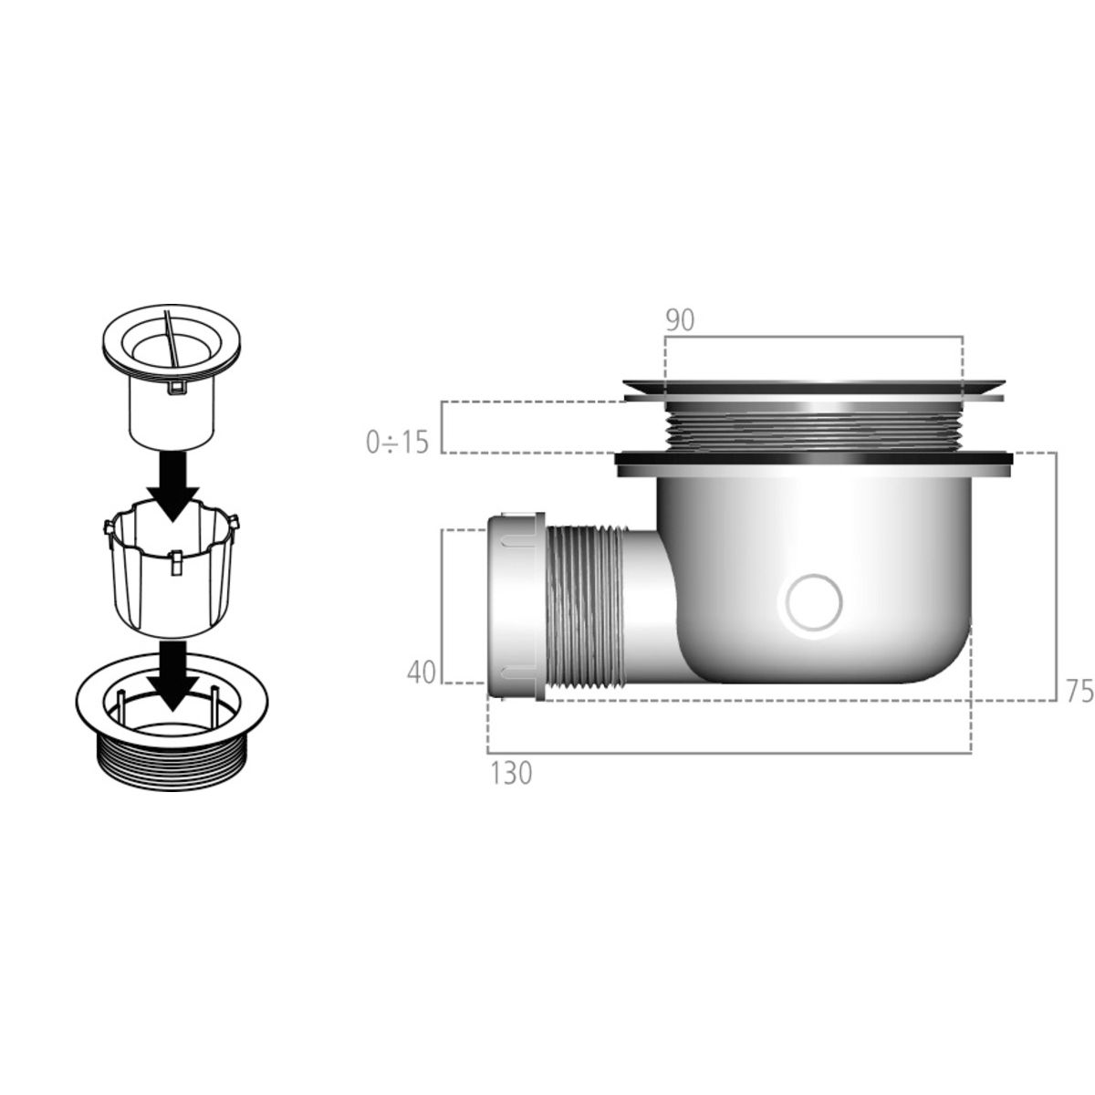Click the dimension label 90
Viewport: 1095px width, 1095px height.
click(x=680, y=320)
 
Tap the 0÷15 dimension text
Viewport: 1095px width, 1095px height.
click(x=397, y=442)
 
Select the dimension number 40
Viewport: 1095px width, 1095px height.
click(x=421, y=673)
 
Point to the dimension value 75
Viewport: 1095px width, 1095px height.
click(x=1079, y=691)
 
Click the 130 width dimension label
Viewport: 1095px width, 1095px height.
click(x=511, y=774)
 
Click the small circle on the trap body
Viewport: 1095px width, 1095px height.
click(x=814, y=601)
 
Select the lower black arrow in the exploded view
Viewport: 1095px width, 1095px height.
click(x=173, y=676)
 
